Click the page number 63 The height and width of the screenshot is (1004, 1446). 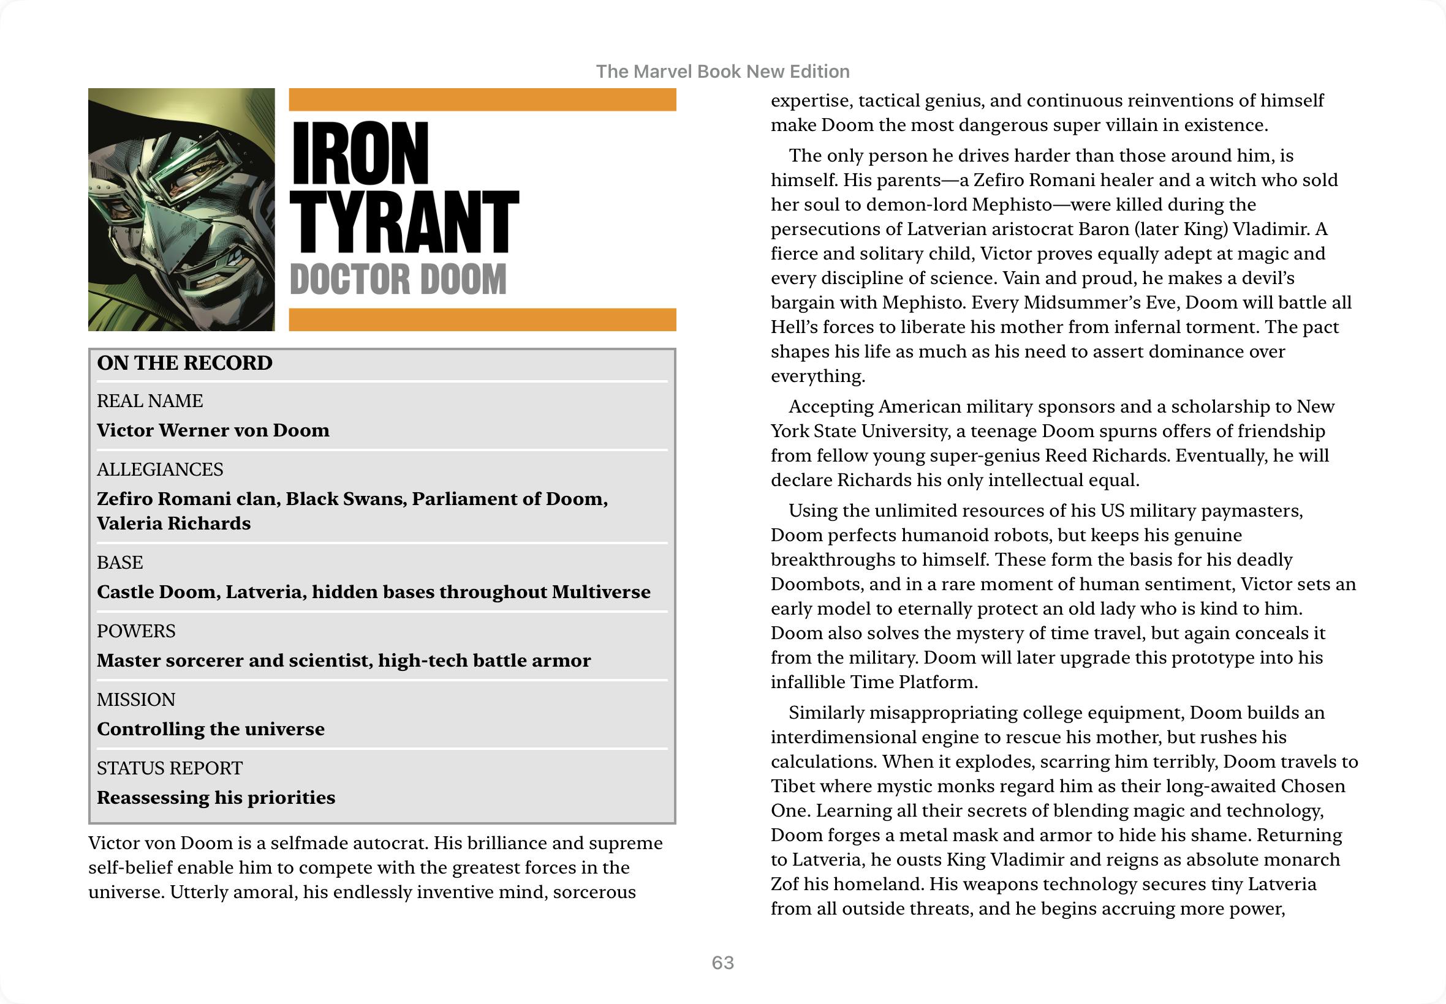(722, 962)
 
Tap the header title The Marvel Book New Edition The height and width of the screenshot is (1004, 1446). (722, 72)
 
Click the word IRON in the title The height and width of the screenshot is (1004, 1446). (360, 154)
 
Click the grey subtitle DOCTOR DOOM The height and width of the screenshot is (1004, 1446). (398, 279)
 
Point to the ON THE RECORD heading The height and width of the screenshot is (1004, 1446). (184, 363)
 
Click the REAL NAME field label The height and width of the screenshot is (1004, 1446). (150, 401)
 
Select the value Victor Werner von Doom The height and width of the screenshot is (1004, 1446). (213, 430)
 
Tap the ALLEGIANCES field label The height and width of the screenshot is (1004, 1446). (160, 470)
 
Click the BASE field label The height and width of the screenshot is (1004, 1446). (119, 563)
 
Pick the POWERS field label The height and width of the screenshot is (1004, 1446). (136, 631)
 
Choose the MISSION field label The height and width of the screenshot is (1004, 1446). (136, 700)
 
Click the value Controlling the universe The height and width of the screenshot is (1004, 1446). (211, 729)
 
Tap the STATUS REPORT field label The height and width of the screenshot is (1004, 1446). (169, 768)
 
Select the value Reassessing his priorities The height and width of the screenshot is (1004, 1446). (216, 798)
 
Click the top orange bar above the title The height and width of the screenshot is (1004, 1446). (482, 99)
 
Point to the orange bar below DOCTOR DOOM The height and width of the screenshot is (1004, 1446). (482, 320)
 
